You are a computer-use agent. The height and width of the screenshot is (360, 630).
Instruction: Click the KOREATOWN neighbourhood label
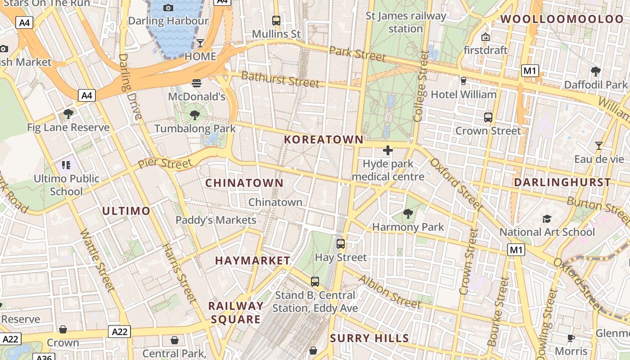pos(324,139)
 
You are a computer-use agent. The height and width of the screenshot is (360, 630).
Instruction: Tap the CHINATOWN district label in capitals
pos(244,183)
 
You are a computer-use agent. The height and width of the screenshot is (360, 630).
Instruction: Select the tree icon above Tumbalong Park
pos(195,115)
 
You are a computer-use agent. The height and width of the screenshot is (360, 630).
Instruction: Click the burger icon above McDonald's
pos(197,83)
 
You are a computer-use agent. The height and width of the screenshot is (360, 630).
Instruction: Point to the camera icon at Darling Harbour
pos(168,8)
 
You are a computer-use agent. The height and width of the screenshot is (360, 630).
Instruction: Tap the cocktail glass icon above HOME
pos(200,43)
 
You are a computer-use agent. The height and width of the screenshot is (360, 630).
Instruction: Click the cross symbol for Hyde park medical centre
pos(387,150)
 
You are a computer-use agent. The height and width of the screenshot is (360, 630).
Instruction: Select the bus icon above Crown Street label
pos(488,117)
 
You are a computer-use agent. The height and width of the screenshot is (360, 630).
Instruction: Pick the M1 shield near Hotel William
pos(530,71)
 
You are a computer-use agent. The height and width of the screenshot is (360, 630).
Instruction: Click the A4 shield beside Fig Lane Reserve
pos(87,95)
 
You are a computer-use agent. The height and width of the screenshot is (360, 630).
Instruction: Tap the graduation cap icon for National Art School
pos(547,219)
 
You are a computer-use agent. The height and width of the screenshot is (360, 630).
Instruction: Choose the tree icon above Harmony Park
pos(408,213)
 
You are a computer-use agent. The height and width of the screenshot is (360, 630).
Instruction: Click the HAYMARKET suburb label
pos(252,261)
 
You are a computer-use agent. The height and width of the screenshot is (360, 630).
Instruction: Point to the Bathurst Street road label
pos(280,80)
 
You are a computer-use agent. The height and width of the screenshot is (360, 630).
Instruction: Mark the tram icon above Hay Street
pos(341,244)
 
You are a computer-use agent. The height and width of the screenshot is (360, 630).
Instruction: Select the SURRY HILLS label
pos(369,338)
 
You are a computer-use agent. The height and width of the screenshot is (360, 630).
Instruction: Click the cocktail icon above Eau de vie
pos(598,145)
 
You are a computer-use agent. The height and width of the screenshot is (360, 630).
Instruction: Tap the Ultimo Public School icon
pos(67,165)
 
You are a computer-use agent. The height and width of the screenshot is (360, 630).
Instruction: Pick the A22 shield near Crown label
pos(119,332)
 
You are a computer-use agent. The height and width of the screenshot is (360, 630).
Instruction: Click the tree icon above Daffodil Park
pos(595,71)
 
